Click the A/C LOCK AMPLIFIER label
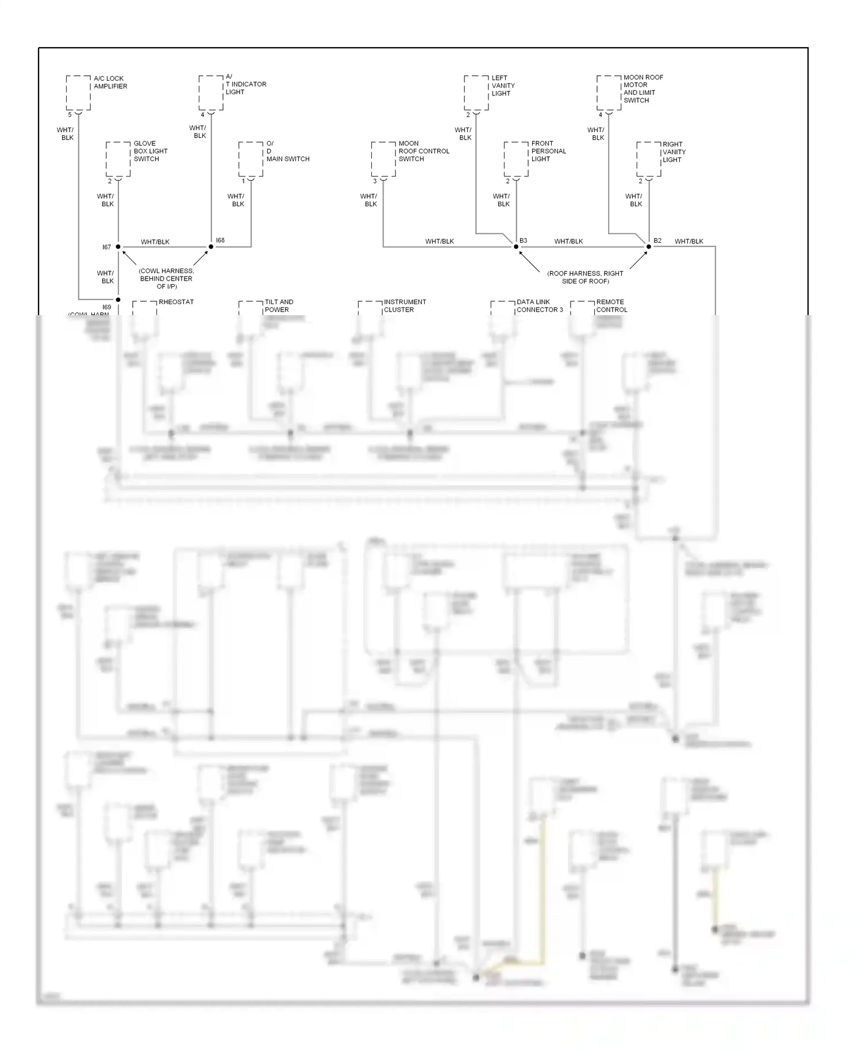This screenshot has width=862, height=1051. point(110,82)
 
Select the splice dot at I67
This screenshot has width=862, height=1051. point(118,247)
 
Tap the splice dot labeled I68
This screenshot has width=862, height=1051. point(211,247)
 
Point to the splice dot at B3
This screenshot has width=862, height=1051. point(516,247)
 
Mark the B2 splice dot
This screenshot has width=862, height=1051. point(649,247)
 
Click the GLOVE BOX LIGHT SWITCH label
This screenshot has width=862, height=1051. point(150,151)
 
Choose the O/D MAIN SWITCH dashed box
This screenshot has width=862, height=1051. point(251,159)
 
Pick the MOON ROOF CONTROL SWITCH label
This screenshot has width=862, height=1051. point(424,151)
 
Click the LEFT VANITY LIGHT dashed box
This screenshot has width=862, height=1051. point(476,93)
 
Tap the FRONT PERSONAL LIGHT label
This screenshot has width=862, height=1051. point(548,151)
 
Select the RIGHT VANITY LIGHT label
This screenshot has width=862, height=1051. point(674,152)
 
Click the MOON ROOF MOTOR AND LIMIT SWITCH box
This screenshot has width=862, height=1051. point(609,93)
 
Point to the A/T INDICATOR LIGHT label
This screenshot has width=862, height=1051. point(245,85)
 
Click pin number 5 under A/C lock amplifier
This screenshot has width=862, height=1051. point(70,115)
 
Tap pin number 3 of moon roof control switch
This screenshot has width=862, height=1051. point(375,181)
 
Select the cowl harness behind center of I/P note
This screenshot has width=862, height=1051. point(166,279)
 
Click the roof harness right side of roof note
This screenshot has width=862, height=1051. point(585,277)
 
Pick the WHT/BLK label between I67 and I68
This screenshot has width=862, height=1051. point(155,242)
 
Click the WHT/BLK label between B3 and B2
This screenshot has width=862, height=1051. point(568,241)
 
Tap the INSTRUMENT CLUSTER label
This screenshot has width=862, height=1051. point(405,306)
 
